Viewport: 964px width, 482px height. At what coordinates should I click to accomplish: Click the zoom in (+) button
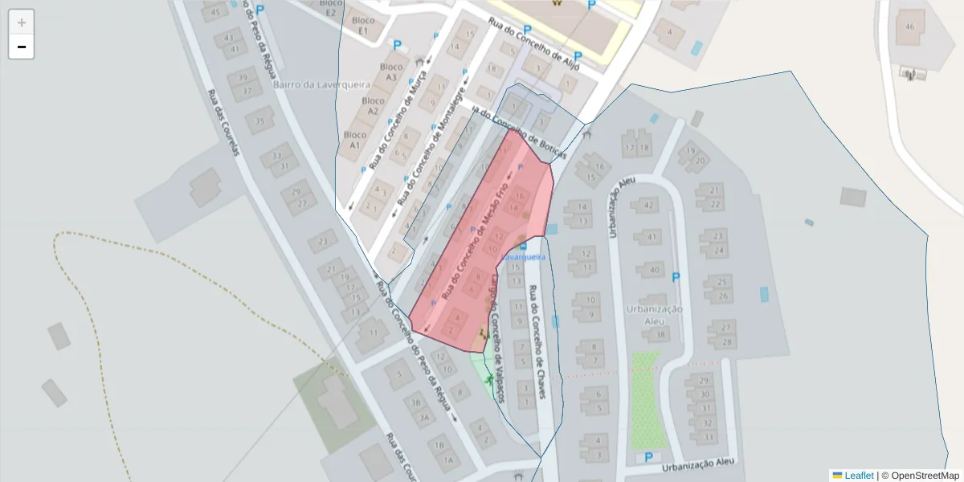click(22, 22)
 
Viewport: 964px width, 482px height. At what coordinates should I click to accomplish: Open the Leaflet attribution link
click(858, 476)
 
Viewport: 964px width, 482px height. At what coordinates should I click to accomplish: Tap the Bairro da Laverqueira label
click(310, 84)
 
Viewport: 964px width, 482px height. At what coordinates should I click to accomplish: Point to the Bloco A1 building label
click(355, 140)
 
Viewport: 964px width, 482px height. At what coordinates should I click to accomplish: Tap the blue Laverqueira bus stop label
click(523, 256)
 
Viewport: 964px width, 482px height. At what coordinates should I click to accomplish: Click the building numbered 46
click(909, 27)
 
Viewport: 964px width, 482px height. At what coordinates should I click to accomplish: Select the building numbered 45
click(214, 11)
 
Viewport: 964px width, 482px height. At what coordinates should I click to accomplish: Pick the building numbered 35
click(259, 121)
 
